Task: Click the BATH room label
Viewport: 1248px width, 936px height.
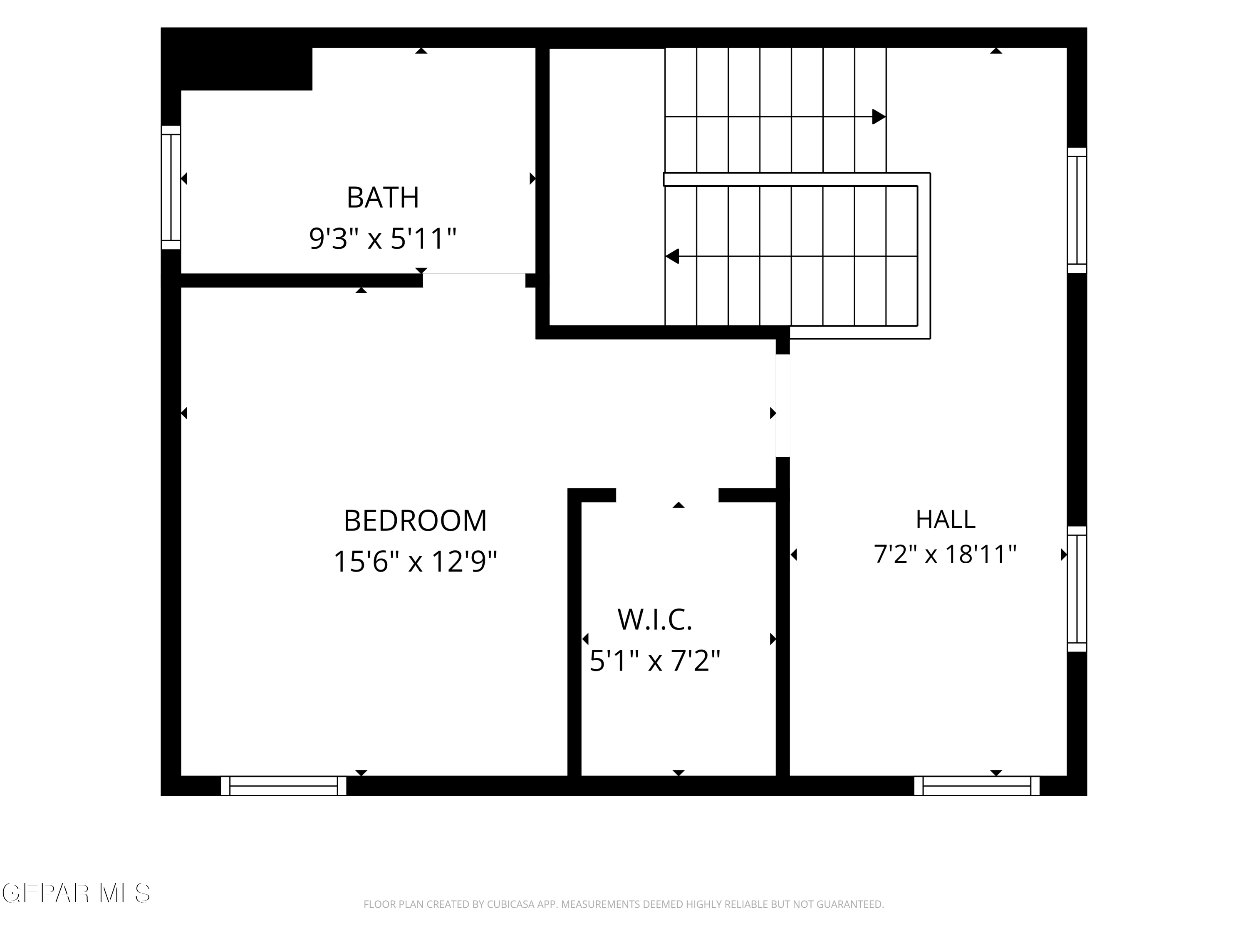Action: click(x=383, y=198)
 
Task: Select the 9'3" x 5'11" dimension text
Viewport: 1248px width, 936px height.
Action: click(x=383, y=238)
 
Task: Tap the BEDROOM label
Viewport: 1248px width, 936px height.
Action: click(x=415, y=520)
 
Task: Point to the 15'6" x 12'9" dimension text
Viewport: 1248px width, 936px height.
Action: click(x=415, y=561)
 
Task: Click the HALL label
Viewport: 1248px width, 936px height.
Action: click(x=945, y=520)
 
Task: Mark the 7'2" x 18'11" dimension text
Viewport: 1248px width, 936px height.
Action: click(x=945, y=554)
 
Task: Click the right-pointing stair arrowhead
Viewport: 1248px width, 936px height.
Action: click(x=879, y=117)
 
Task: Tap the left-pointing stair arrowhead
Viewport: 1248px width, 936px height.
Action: click(x=672, y=256)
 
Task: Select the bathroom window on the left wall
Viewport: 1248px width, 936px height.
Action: click(x=171, y=187)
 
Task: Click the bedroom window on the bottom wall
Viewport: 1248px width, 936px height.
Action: click(x=283, y=786)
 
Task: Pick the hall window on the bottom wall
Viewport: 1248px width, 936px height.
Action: click(x=977, y=786)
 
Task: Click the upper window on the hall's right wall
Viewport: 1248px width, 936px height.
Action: click(x=1077, y=210)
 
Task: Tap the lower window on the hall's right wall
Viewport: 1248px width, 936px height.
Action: click(x=1077, y=589)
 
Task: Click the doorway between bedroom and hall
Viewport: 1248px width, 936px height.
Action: click(x=782, y=405)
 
